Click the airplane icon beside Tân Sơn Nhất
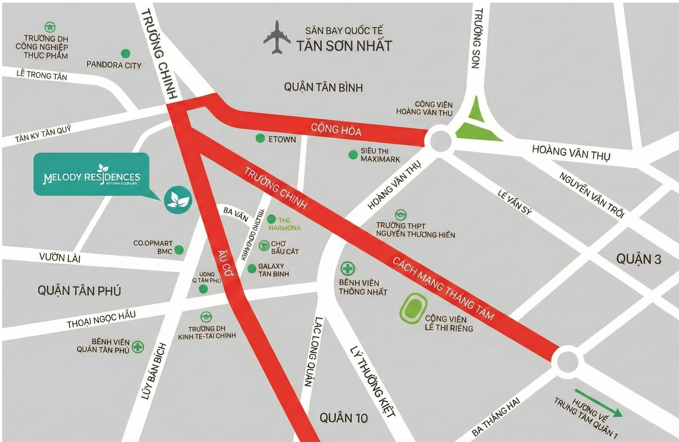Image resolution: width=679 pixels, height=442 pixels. (x=276, y=37)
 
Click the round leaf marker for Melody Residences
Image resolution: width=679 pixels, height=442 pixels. (x=178, y=200)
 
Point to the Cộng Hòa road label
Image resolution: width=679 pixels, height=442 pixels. (x=336, y=130)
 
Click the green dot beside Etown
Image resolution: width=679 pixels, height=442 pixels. (x=260, y=139)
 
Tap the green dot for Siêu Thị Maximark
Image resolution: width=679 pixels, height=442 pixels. (x=353, y=155)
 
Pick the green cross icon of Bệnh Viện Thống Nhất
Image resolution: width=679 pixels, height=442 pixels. (x=347, y=268)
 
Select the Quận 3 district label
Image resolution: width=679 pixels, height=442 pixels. (x=638, y=259)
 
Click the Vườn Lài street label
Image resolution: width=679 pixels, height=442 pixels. (x=60, y=258)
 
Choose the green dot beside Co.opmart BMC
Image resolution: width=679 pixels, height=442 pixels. (x=178, y=250)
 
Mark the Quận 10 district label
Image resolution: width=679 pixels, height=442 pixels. (x=343, y=418)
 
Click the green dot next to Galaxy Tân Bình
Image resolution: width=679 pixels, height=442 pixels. (x=251, y=269)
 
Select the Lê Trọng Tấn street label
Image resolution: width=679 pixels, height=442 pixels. (x=42, y=75)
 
